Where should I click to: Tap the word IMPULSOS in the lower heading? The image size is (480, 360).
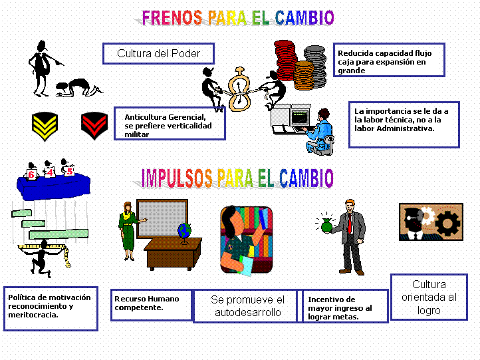pyautogui.click(x=177, y=178)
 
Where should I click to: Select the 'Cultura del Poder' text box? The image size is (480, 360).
pyautogui.click(x=158, y=54)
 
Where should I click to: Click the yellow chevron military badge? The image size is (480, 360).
pyautogui.click(x=45, y=126)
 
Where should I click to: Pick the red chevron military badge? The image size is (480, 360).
pyautogui.click(x=94, y=126)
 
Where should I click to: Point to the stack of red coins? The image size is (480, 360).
pyautogui.click(x=285, y=60)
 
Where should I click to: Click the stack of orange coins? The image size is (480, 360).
pyautogui.click(x=304, y=75)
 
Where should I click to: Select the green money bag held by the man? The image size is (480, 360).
pyautogui.click(x=326, y=225)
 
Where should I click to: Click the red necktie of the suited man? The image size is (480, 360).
pyautogui.click(x=349, y=224)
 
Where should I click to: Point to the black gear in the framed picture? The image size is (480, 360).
pyautogui.click(x=448, y=224)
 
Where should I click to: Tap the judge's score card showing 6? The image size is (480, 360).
pyautogui.click(x=31, y=174)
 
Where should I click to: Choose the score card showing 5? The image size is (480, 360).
pyautogui.click(x=69, y=170)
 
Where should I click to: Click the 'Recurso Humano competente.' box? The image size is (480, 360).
pyautogui.click(x=151, y=305)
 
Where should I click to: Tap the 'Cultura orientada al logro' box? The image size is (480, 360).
pyautogui.click(x=429, y=297)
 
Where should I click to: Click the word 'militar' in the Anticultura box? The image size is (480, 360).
pyautogui.click(x=136, y=134)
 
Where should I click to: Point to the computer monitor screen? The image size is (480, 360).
pyautogui.click(x=300, y=117)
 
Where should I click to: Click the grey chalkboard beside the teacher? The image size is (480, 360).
pyautogui.click(x=162, y=219)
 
